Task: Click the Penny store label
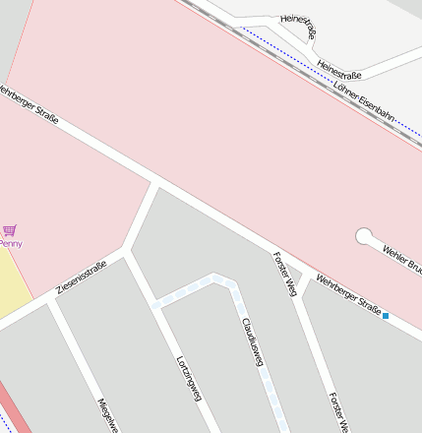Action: click(10, 243)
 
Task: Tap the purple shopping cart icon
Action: click(10, 231)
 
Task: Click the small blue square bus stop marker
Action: click(387, 316)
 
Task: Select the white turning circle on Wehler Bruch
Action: click(365, 236)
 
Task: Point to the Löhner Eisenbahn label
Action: click(364, 101)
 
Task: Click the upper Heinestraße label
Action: click(299, 28)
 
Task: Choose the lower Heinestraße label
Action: click(339, 69)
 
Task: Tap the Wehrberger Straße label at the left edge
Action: click(28, 104)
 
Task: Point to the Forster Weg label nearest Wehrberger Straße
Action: click(285, 274)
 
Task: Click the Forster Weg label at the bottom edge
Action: click(338, 413)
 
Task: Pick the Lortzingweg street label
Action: click(188, 378)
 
